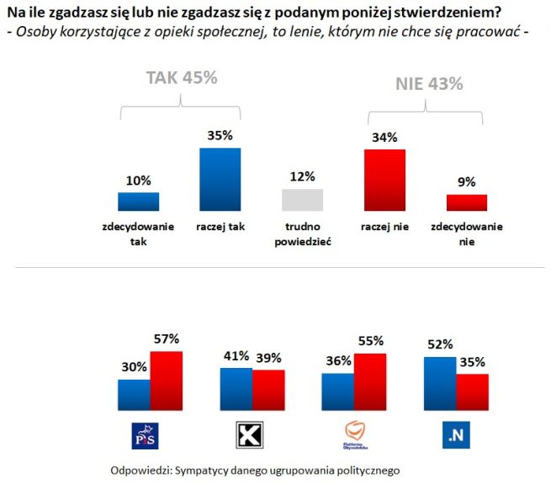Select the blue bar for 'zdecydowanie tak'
(138, 202)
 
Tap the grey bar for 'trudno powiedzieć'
(302, 200)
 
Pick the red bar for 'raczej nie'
(384, 180)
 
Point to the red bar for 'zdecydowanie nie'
(466, 202)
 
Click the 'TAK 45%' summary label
(182, 77)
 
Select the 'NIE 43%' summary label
(429, 84)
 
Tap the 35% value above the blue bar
(220, 134)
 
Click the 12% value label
(302, 176)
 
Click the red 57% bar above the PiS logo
(167, 379)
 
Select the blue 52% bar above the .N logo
(440, 381)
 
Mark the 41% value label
(234, 355)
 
